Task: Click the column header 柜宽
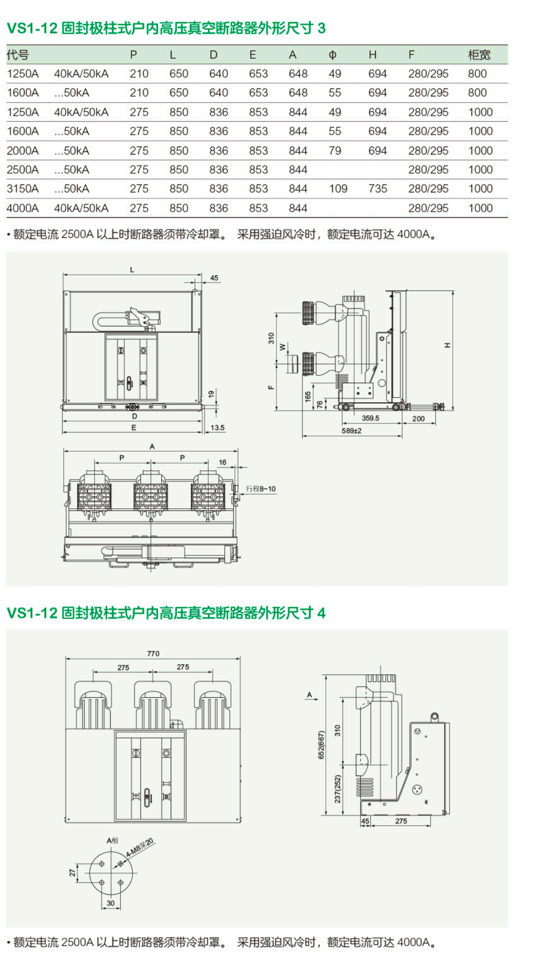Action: pyautogui.click(x=478, y=55)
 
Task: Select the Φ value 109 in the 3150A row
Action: pyautogui.click(x=338, y=188)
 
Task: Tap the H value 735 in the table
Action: pyautogui.click(x=377, y=188)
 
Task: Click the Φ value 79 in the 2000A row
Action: pyautogui.click(x=334, y=151)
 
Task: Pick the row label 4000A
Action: pyautogui.click(x=22, y=208)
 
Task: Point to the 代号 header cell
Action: pyautogui.click(x=18, y=55)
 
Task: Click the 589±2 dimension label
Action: pyautogui.click(x=352, y=430)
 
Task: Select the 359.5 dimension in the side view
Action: pyautogui.click(x=370, y=418)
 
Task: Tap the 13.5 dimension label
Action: pyautogui.click(x=217, y=427)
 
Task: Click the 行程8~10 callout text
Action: pyautogui.click(x=261, y=489)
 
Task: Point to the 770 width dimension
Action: pyautogui.click(x=153, y=653)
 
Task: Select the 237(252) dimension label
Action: pyautogui.click(x=337, y=789)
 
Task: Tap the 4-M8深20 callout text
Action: pyautogui.click(x=139, y=847)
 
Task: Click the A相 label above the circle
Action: pyautogui.click(x=112, y=840)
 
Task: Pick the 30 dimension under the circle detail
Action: pyautogui.click(x=111, y=903)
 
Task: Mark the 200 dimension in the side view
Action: pyautogui.click(x=418, y=418)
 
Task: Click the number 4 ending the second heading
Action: pyautogui.click(x=321, y=613)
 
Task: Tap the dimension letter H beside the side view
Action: pyautogui.click(x=447, y=345)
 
